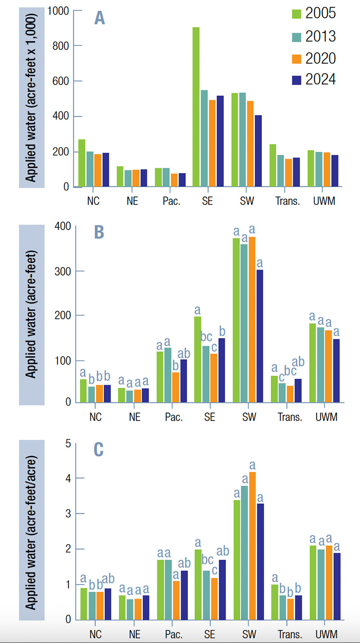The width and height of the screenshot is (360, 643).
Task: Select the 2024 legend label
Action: tap(320, 79)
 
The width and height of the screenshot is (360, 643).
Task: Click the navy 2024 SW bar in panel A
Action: tap(258, 151)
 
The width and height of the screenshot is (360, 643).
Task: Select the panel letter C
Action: tap(99, 449)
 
